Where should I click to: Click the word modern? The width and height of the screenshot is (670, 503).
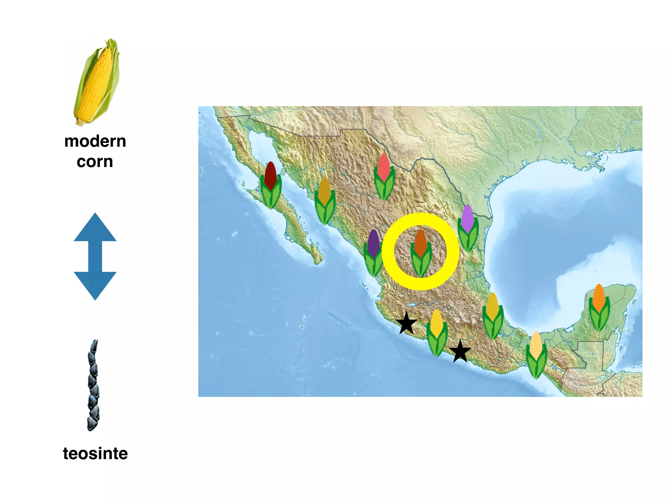95,141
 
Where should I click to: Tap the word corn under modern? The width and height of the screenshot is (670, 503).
95,162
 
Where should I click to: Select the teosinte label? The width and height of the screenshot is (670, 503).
95,454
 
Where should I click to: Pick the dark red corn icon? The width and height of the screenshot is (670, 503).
271,185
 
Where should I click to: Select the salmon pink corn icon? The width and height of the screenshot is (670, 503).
384,177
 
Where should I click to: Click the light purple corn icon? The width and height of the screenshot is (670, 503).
468,228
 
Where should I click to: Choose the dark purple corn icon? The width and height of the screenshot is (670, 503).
373,252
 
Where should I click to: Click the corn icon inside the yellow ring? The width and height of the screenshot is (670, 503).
421,252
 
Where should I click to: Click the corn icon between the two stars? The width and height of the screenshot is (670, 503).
437,333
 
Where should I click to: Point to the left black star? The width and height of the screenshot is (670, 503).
406,323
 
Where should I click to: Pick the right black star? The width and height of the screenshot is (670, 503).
460,351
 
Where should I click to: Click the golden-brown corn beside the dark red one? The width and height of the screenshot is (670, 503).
325,201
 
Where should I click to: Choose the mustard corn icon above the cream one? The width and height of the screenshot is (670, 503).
493,316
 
